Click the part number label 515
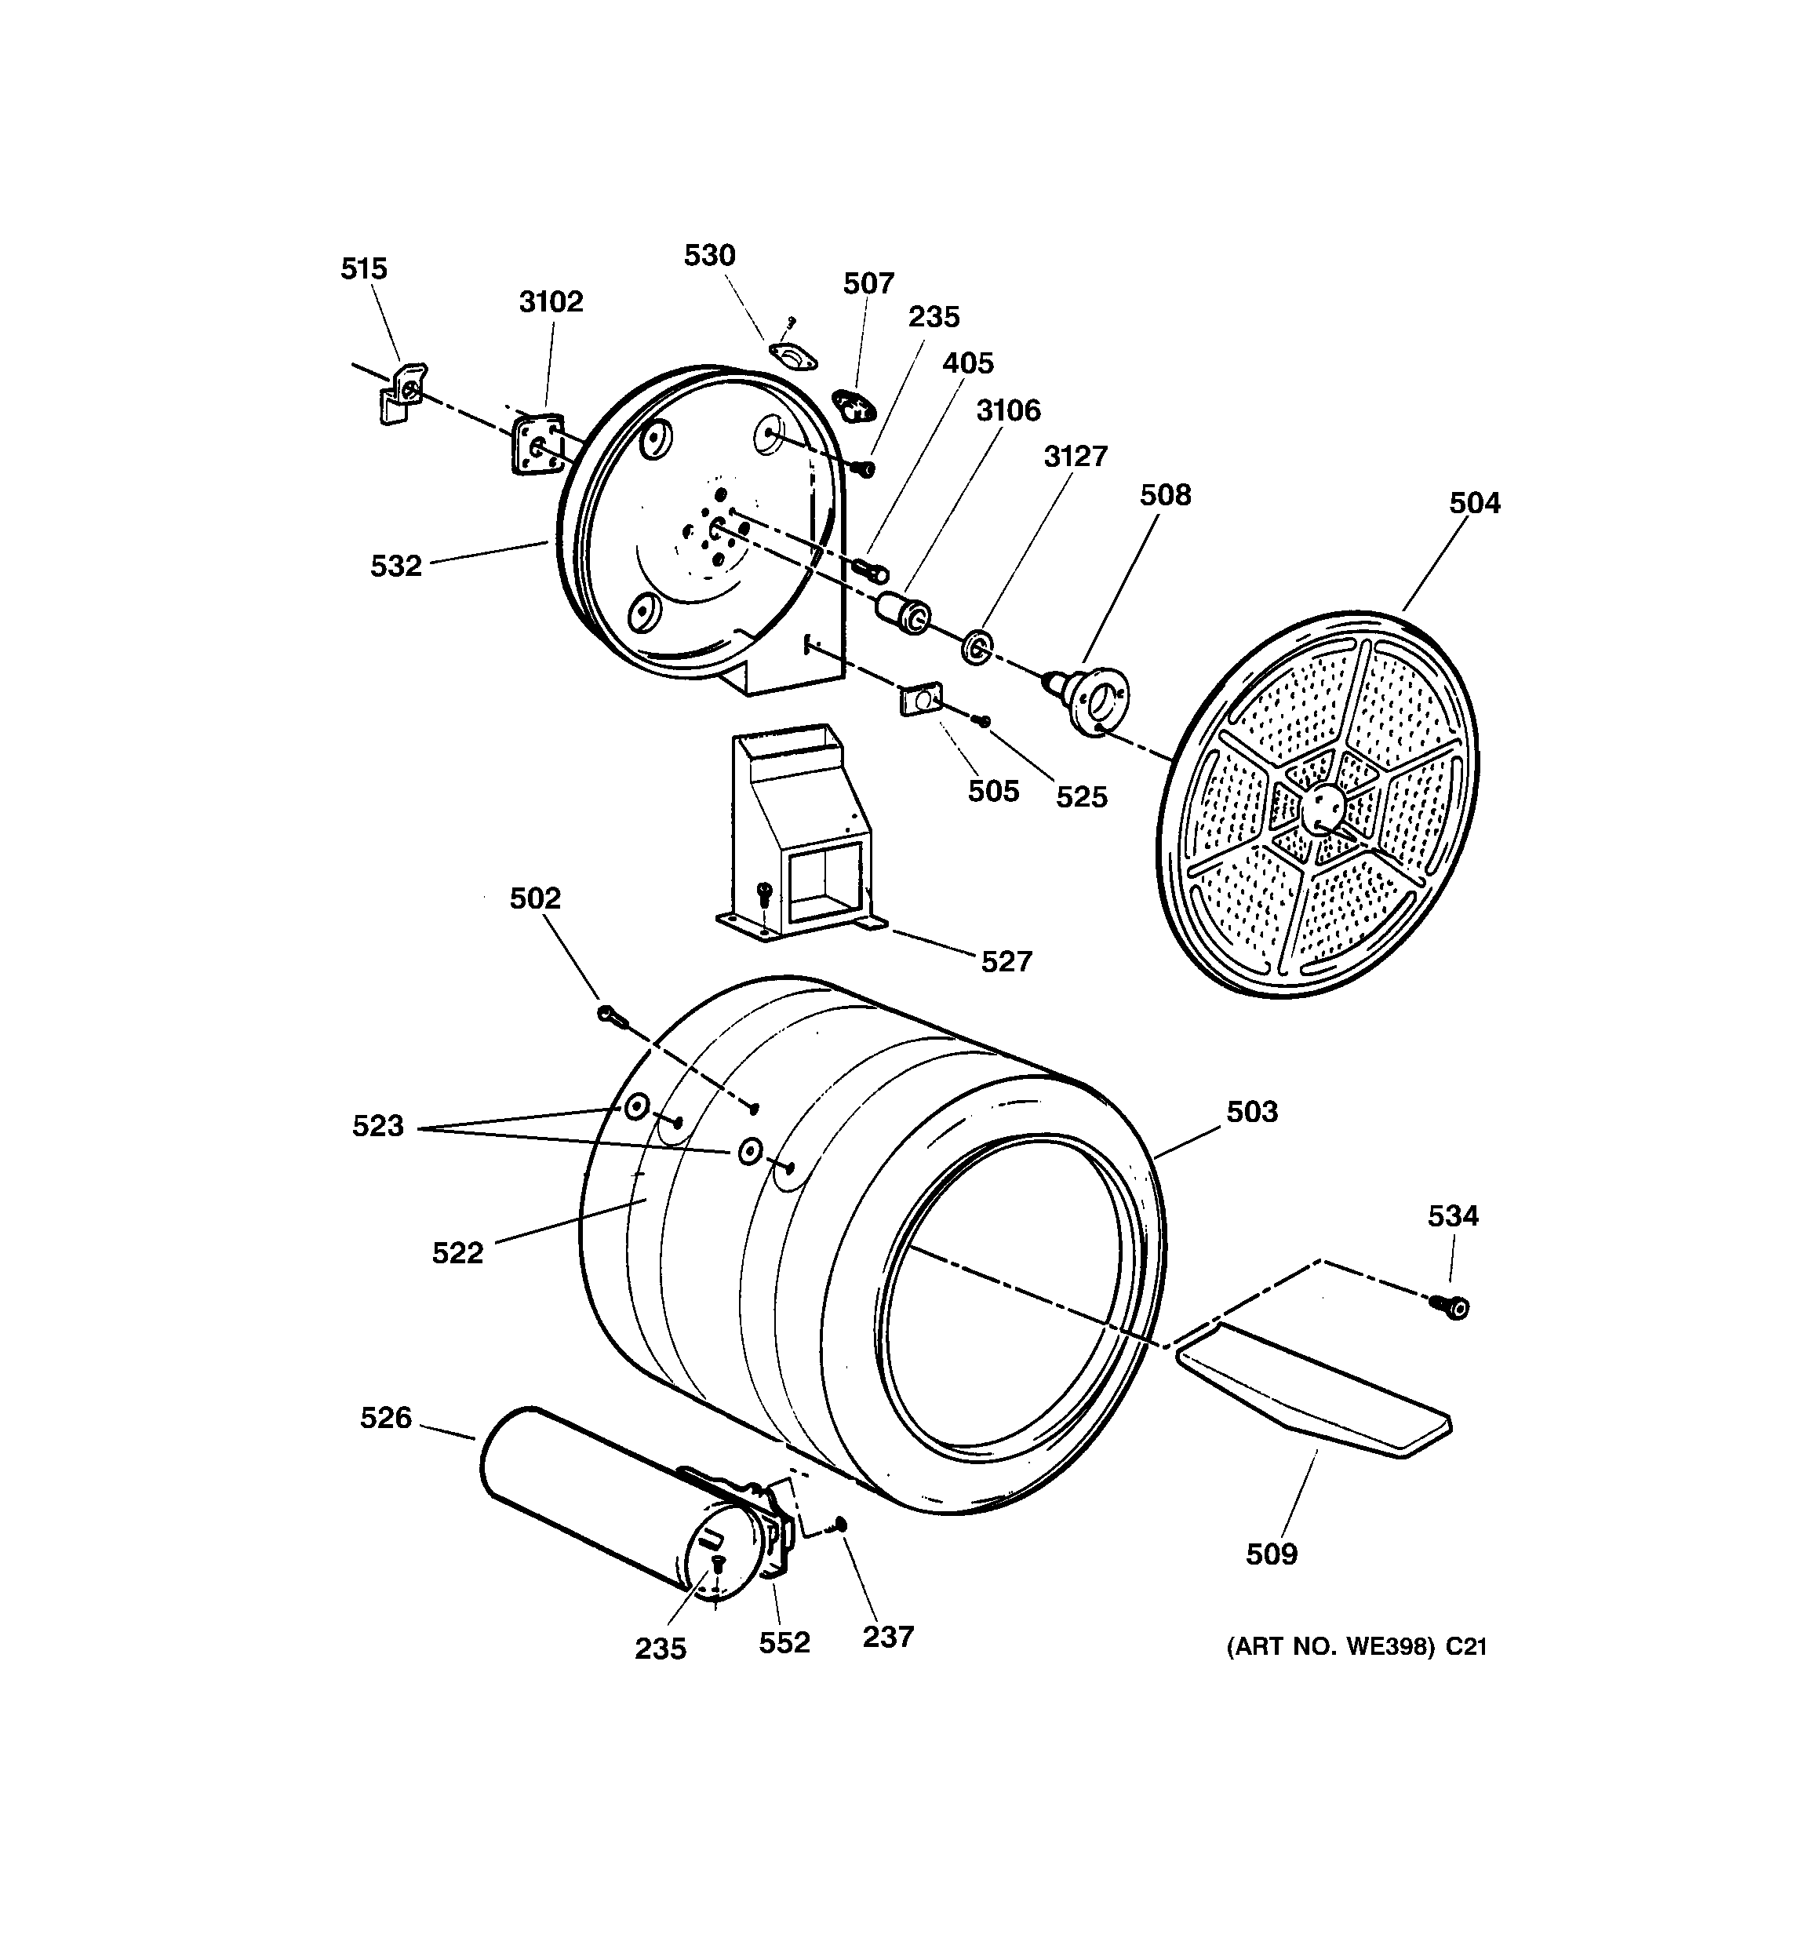363,268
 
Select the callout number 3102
551,302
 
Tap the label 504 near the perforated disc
1474,503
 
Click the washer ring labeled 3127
977,647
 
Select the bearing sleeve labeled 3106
905,613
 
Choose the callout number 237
887,1636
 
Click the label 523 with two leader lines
378,1126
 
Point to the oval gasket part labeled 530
793,356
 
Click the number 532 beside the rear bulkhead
395,566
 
